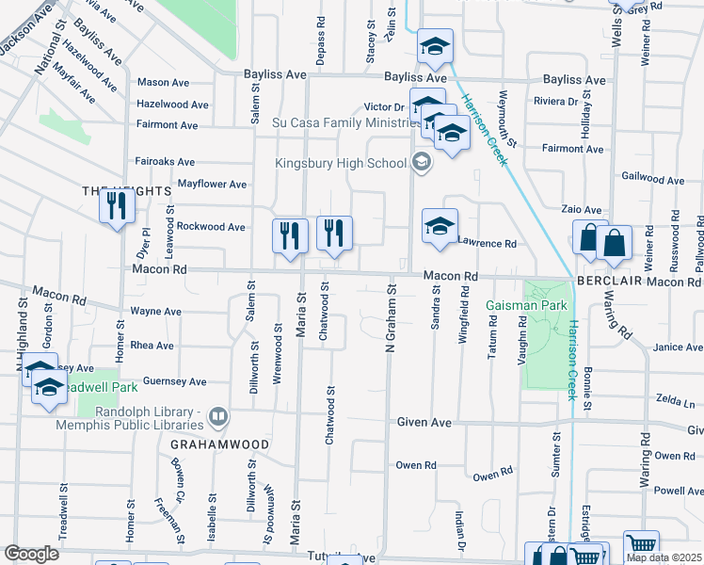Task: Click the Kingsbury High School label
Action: (341, 163)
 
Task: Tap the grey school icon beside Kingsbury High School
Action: (422, 163)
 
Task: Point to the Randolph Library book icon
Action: (218, 415)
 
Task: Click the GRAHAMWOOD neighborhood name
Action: (220, 444)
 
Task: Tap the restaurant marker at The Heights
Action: (117, 206)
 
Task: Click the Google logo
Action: (31, 554)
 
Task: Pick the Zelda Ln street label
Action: (675, 399)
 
